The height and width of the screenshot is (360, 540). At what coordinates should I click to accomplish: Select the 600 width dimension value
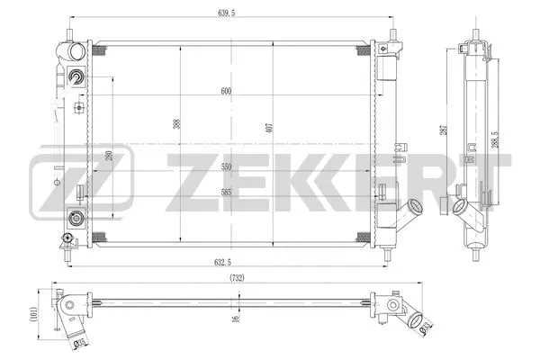coord(226,90)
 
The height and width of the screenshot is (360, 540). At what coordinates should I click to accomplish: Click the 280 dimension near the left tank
coord(109,157)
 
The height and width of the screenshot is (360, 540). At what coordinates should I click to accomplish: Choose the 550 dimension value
coord(226,167)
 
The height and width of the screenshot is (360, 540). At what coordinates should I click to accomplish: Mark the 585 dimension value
coord(226,192)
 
